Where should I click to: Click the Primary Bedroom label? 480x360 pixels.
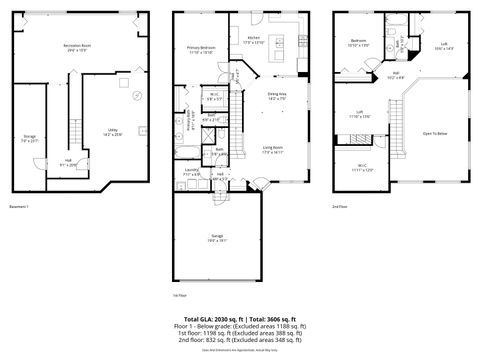click(x=201, y=49)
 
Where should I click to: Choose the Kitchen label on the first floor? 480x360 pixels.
click(x=253, y=40)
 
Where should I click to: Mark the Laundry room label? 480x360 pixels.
click(x=190, y=172)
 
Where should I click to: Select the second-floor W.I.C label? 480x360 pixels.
click(x=362, y=168)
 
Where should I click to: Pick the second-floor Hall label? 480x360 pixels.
click(x=396, y=75)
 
